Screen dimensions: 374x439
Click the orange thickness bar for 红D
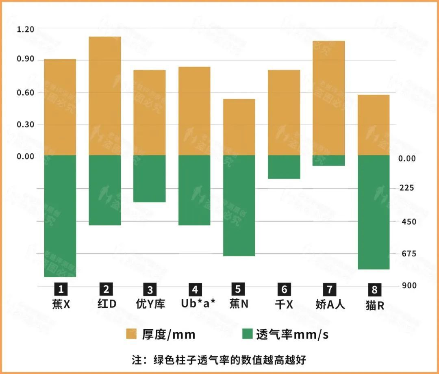tap(105, 96)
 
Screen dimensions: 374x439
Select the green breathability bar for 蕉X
tap(60, 216)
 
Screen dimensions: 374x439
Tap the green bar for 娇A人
tap(328, 161)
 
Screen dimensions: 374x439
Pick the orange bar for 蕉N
tap(239, 127)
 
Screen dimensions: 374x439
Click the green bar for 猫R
tap(374, 212)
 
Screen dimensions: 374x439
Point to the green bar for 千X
tap(284, 167)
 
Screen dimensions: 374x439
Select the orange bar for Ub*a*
tap(194, 111)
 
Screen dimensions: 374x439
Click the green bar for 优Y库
tap(150, 178)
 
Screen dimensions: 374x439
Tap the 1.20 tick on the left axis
tap(25, 29)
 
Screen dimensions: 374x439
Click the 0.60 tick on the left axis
tap(25, 93)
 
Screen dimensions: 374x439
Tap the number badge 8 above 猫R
tap(374, 290)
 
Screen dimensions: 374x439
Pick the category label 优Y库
tap(150, 304)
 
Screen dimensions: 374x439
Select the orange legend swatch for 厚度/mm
tap(132, 334)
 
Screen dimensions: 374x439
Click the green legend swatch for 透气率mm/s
tap(247, 334)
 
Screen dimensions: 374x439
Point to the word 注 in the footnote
tap(137, 360)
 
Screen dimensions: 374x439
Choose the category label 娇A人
tap(330, 304)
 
